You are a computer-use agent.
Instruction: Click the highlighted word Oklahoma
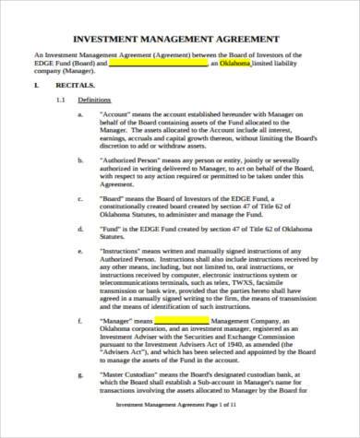[235, 65]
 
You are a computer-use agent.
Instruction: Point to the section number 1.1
[62, 100]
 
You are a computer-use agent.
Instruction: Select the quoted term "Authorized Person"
[136, 160]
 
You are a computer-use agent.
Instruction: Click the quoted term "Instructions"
[126, 249]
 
